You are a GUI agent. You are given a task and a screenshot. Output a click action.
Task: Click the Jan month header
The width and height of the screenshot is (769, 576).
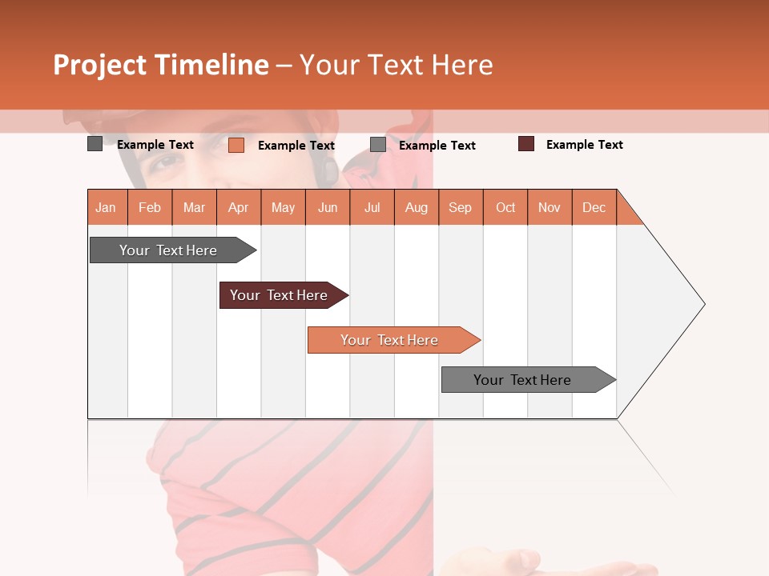tap(107, 207)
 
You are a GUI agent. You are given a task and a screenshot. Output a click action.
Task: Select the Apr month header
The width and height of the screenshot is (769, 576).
tap(239, 207)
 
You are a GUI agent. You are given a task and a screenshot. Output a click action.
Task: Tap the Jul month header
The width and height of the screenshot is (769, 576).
tap(372, 207)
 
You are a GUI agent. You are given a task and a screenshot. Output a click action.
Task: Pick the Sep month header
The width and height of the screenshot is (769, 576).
tap(461, 207)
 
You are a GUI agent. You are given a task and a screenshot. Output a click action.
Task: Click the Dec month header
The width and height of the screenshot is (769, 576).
tap(594, 207)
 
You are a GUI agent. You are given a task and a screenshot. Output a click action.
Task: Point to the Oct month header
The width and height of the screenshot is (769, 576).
tap(505, 207)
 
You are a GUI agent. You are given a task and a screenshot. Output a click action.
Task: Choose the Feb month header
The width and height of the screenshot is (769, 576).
tap(150, 207)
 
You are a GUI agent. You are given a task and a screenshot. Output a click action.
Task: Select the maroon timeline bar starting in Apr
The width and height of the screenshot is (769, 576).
tap(280, 295)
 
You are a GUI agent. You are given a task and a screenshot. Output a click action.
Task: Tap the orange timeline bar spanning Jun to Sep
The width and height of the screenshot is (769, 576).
tap(391, 340)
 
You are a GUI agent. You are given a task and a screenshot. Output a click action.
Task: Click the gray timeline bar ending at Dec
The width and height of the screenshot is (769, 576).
tap(525, 380)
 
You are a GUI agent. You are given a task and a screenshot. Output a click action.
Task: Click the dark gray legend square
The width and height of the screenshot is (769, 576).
tap(95, 144)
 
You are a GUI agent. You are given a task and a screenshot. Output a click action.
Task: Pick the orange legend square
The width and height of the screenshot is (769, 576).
tap(236, 145)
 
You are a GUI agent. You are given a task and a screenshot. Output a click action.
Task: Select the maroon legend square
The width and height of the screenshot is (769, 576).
tap(525, 144)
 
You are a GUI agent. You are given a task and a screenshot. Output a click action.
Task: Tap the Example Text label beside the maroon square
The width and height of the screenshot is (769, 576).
tap(585, 145)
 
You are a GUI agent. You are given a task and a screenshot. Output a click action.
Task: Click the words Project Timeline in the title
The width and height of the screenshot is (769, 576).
tap(160, 65)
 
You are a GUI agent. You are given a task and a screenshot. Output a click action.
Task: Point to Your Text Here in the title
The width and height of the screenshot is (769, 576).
tap(397, 65)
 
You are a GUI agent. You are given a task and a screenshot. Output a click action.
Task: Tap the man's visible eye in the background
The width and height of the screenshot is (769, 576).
tap(167, 162)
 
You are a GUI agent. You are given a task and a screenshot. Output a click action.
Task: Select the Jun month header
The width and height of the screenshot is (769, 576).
tap(328, 207)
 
